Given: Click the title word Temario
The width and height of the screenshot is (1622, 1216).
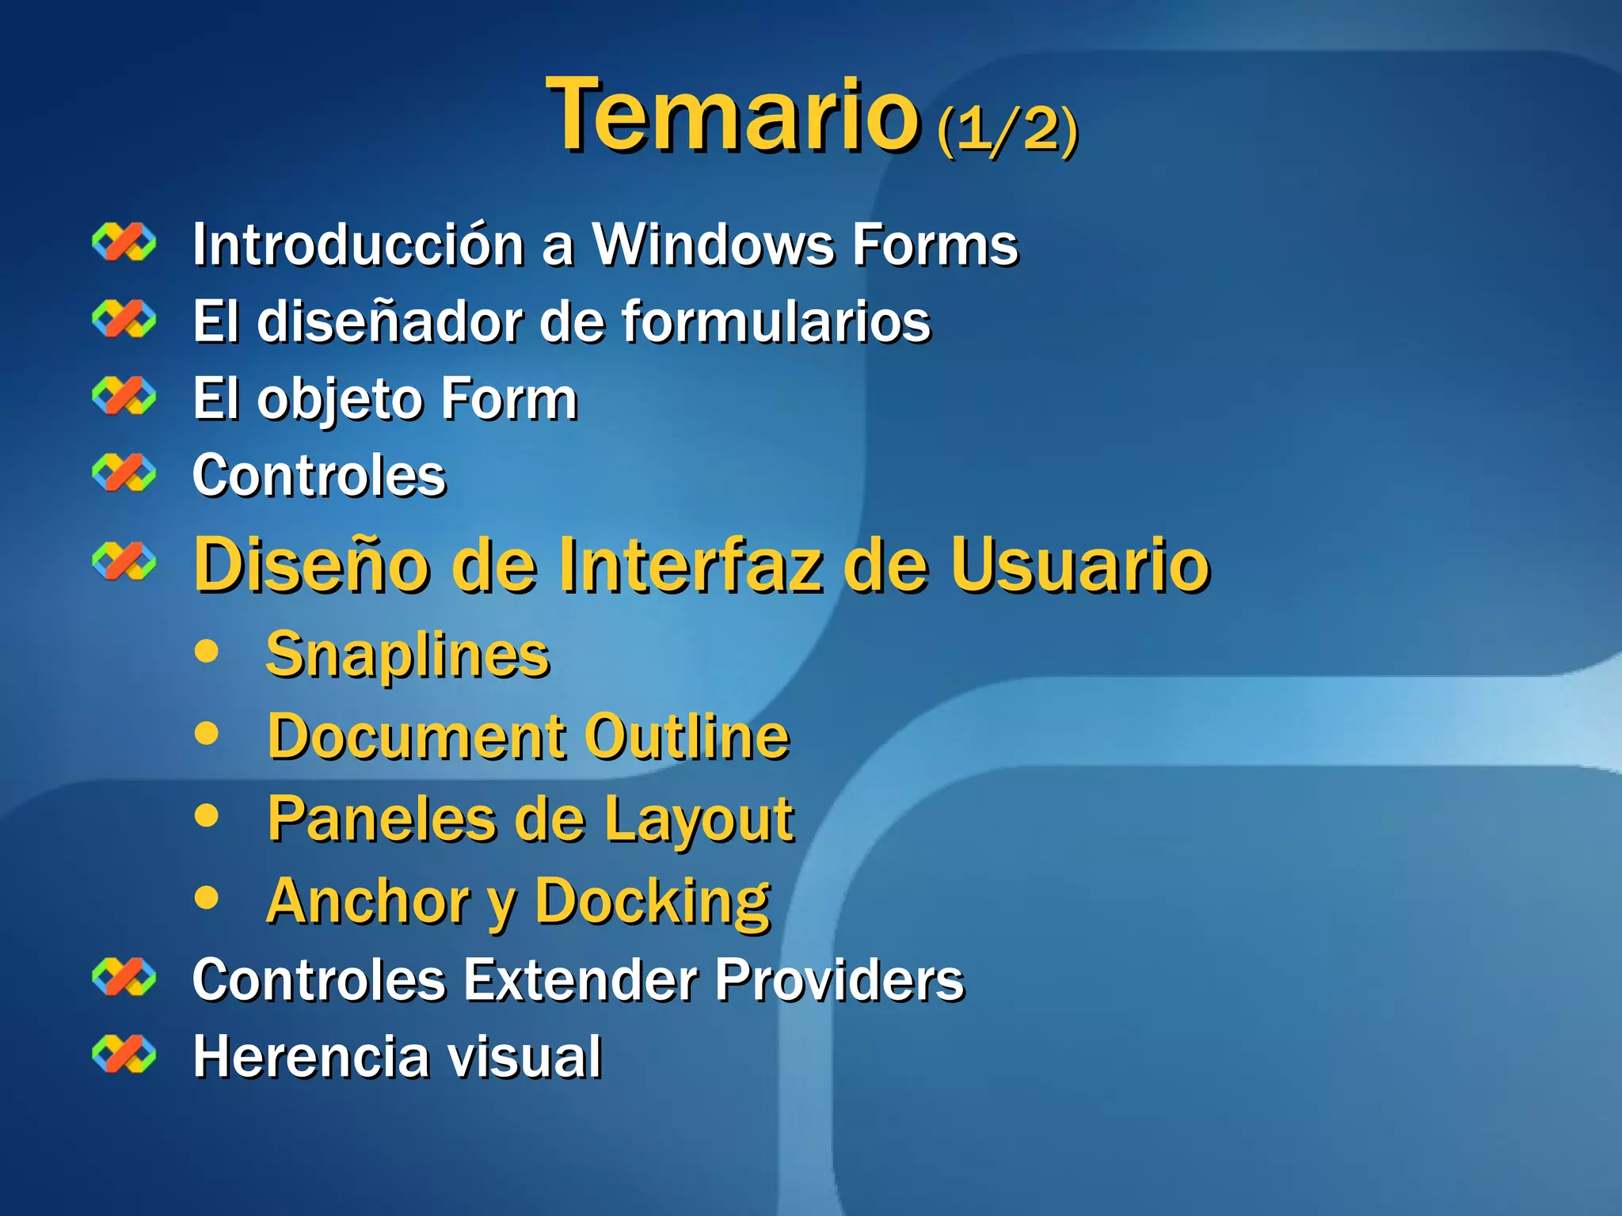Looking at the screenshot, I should click(x=733, y=115).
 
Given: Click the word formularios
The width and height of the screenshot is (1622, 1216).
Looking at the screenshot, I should click(x=776, y=321).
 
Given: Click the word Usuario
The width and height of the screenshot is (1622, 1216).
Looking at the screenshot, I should click(x=1080, y=564).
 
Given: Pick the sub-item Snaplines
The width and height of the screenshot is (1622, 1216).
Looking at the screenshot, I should click(x=408, y=655).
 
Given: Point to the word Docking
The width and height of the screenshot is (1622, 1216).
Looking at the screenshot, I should click(x=653, y=902).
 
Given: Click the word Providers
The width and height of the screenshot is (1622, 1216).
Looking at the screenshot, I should click(x=840, y=979).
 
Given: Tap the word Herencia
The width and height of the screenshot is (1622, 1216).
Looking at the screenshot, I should click(x=308, y=1056).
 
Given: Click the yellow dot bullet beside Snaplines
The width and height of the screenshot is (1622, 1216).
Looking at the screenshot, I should click(x=207, y=652).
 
